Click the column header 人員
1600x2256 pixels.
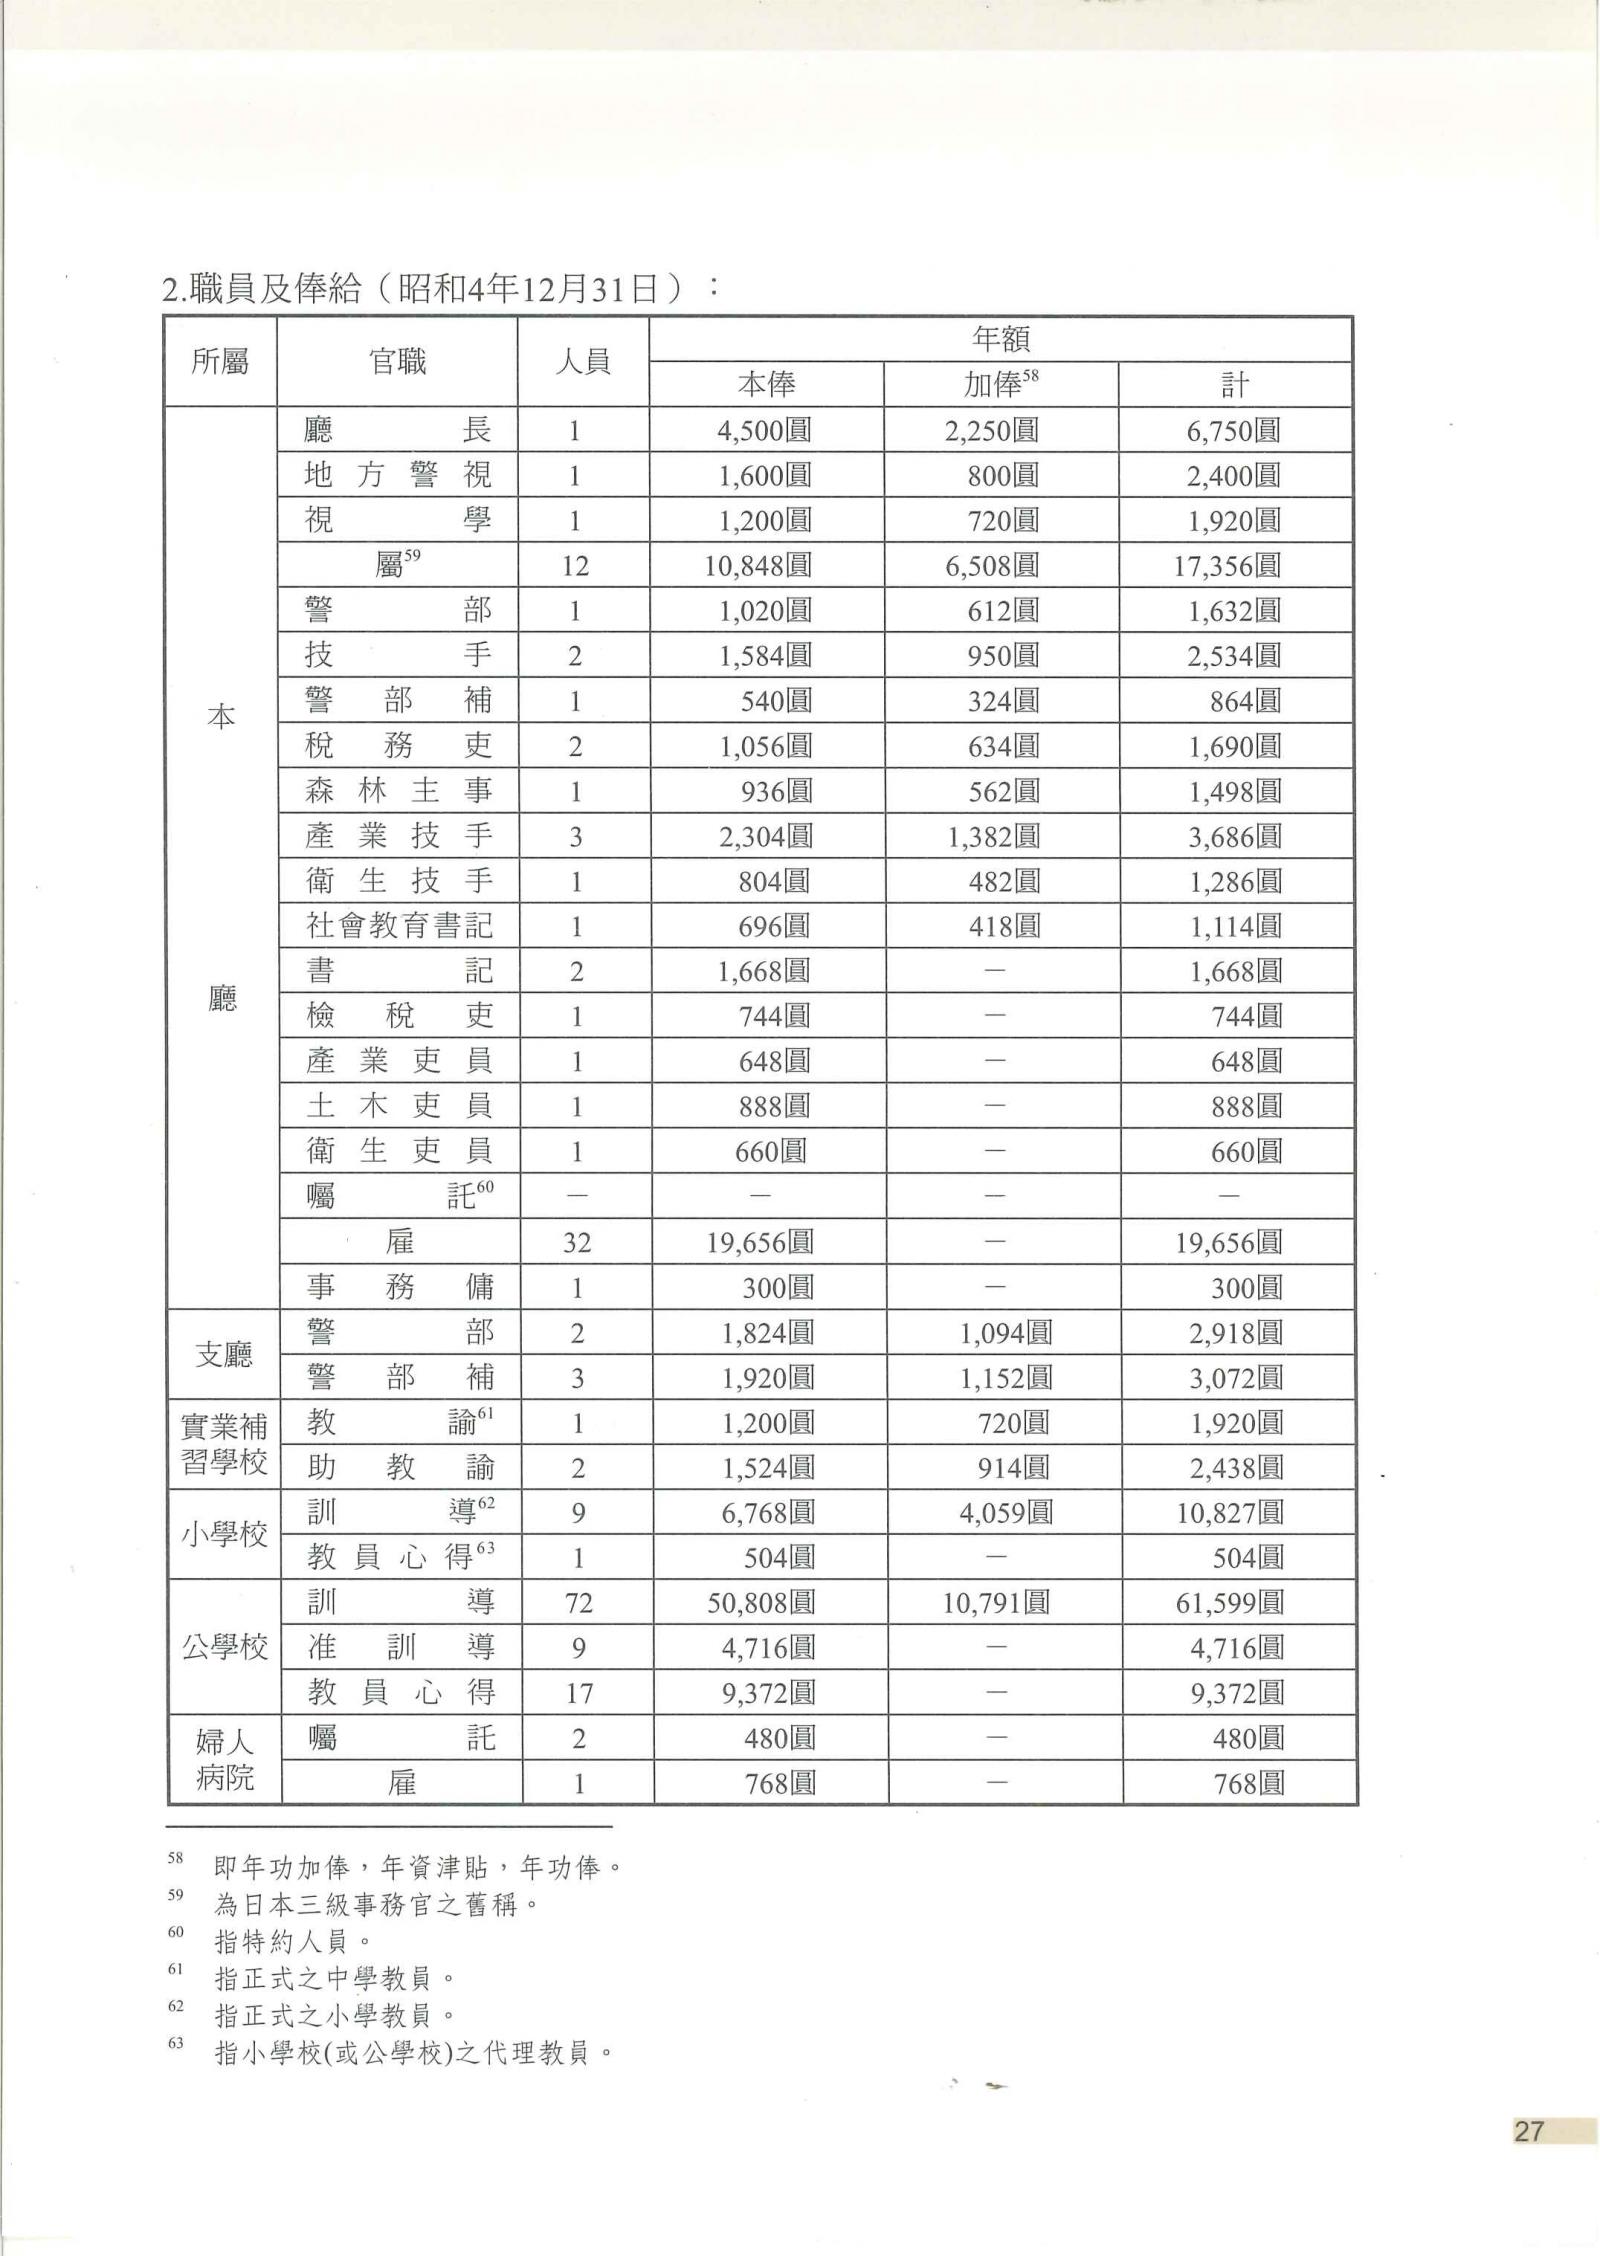click(582, 361)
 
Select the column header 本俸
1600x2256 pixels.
click(766, 384)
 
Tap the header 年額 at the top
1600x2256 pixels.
click(1000, 339)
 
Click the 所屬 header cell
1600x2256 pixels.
click(220, 361)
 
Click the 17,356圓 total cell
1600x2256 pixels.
click(1226, 566)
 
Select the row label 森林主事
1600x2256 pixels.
click(398, 791)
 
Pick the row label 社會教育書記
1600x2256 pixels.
click(398, 926)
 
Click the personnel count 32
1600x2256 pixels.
click(577, 1242)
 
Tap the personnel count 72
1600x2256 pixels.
click(578, 1603)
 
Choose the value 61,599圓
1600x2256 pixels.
click(1229, 1603)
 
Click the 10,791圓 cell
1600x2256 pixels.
click(996, 1603)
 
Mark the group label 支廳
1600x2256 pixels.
click(224, 1354)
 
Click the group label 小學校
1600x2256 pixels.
click(224, 1535)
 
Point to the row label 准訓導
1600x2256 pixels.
click(400, 1647)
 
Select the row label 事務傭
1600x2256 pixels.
click(400, 1287)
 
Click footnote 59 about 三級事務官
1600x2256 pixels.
click(375, 1905)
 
